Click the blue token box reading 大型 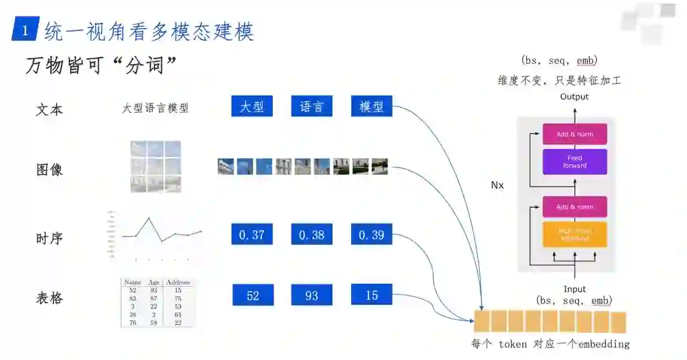click(252, 106)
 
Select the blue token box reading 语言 click(312, 106)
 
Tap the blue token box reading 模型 click(371, 106)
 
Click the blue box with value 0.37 click(252, 235)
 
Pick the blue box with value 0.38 click(312, 235)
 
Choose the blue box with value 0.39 click(371, 235)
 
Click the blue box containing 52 click(253, 295)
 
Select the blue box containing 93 click(312, 295)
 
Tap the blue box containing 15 click(371, 294)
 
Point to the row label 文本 click(49, 109)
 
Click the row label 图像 click(49, 170)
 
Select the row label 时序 click(49, 239)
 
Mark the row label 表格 click(49, 298)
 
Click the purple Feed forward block click(574, 162)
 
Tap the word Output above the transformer click(574, 97)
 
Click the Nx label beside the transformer click(497, 185)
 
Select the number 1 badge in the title click(25, 31)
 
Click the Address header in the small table click(177, 282)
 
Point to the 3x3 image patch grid click(156, 166)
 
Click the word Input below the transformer click(574, 289)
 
